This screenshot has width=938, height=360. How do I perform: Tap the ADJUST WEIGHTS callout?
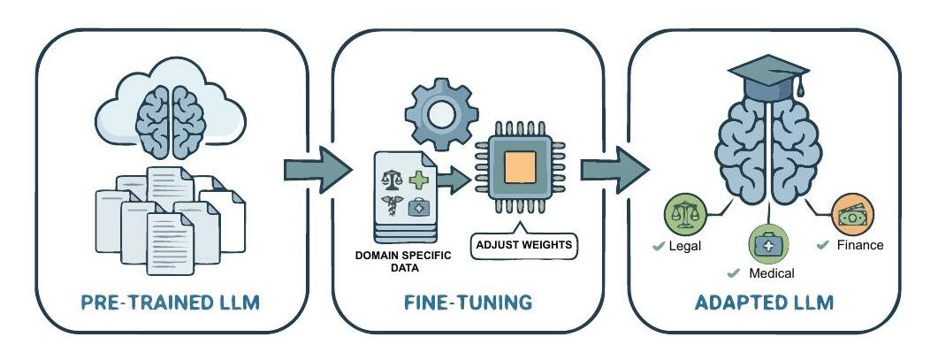point(524,244)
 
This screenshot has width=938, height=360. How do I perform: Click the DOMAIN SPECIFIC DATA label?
point(403,262)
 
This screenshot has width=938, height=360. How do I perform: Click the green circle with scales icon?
point(683,213)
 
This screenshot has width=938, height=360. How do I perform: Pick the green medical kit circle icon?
point(766,243)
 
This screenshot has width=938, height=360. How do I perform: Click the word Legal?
point(684,246)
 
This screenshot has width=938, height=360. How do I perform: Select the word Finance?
point(859,245)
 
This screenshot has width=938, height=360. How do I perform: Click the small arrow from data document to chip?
point(454,180)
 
